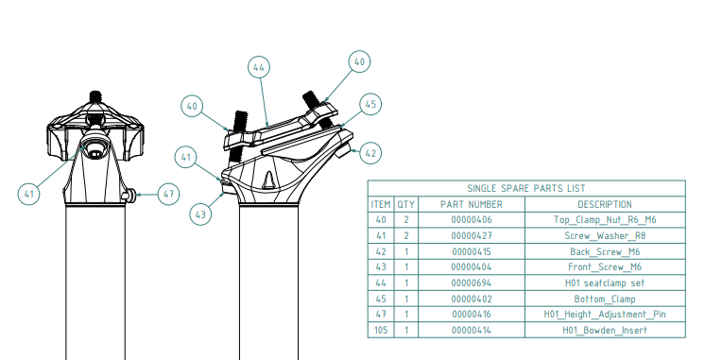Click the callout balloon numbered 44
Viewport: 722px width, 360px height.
tap(259, 67)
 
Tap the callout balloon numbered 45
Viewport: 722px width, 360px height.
tap(370, 105)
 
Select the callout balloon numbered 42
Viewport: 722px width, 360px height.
tap(370, 153)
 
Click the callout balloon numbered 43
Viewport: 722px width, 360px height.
tap(200, 214)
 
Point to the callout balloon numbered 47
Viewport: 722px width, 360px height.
tap(168, 194)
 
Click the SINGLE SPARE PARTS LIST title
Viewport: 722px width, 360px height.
tap(526, 188)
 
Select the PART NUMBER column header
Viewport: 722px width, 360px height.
tap(471, 204)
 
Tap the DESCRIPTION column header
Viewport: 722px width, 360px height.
tap(605, 204)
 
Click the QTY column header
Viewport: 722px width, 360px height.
tap(405, 204)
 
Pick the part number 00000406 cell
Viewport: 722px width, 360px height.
tap(471, 220)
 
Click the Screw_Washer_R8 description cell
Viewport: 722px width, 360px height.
tap(605, 235)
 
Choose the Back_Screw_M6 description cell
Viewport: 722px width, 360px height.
tap(605, 251)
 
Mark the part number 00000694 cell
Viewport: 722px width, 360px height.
tap(471, 283)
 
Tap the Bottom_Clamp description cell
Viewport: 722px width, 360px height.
tap(605, 299)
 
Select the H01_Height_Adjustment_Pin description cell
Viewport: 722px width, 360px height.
tap(605, 315)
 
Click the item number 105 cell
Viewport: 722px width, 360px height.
tap(381, 330)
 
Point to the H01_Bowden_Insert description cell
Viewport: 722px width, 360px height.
tap(605, 330)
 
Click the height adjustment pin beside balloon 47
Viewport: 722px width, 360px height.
tap(129, 196)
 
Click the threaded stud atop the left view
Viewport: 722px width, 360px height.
tap(95, 97)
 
